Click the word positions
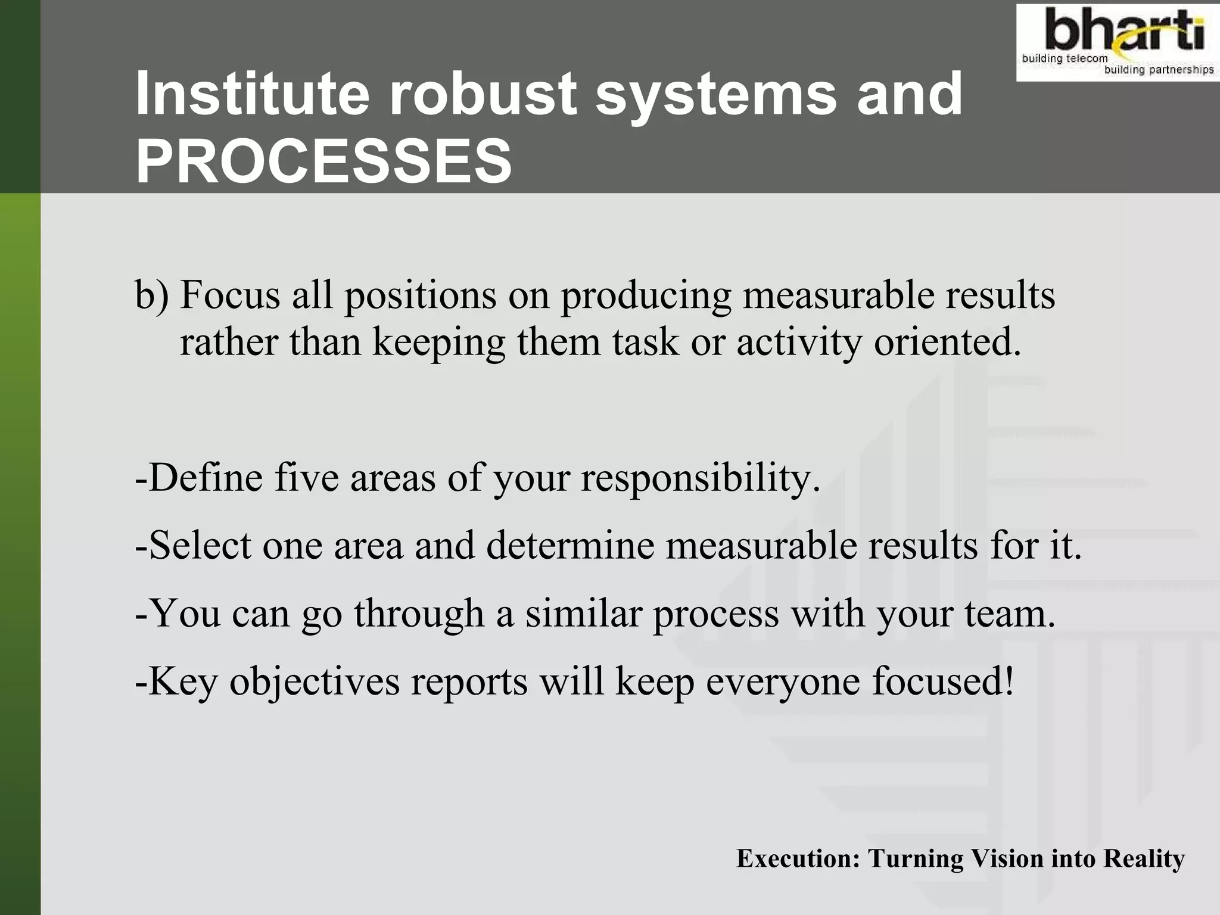click(421, 296)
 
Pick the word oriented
click(947, 343)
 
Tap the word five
click(306, 478)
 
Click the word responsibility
click(701, 479)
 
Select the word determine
click(570, 546)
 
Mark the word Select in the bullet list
click(199, 546)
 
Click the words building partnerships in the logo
click(1159, 70)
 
